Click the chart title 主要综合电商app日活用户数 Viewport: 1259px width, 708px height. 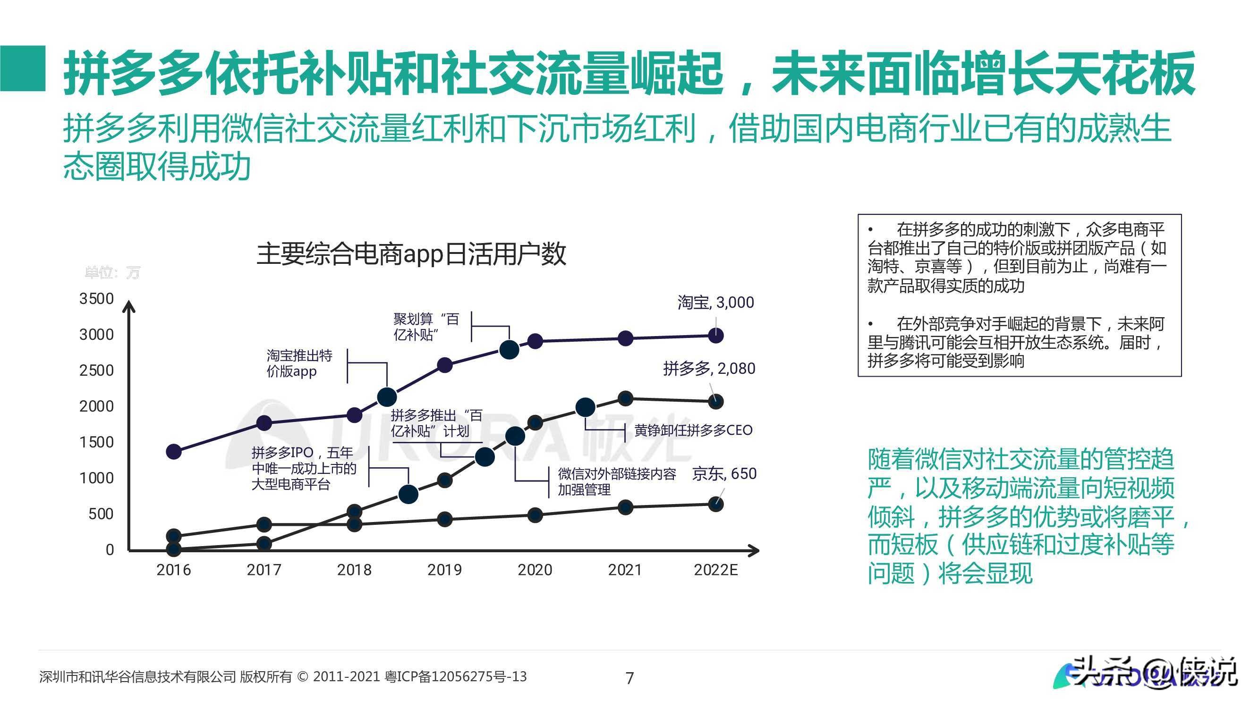pos(411,253)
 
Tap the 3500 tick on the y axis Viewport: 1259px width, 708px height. pos(96,299)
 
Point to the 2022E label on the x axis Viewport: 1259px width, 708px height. pos(715,570)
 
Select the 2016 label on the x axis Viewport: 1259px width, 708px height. pos(173,570)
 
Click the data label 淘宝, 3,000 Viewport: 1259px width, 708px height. pos(715,303)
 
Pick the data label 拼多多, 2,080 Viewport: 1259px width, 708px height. pos(709,369)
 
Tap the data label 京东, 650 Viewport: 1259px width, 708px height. pos(724,473)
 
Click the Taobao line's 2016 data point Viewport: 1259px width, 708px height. pos(174,452)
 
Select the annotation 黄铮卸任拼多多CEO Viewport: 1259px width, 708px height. pos(693,430)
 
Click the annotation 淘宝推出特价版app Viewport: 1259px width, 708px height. pos(299,363)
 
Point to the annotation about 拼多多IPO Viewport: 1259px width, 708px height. pos(304,469)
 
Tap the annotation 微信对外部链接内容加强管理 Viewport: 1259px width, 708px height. pos(617,481)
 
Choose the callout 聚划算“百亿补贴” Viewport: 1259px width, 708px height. pos(426,327)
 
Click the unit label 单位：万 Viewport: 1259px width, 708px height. pos(112,273)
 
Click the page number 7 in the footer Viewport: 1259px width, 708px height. pos(629,678)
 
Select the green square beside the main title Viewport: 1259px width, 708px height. pos(23,68)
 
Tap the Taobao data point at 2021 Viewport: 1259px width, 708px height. pos(626,338)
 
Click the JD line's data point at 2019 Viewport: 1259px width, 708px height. pos(445,519)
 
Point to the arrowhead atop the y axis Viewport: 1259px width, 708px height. pos(128,307)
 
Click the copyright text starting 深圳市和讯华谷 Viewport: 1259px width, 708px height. pos(282,677)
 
